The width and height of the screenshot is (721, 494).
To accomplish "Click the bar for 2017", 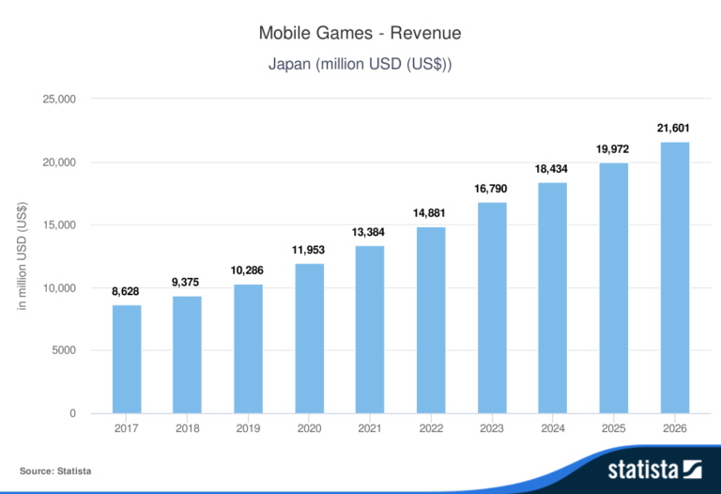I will coord(127,360).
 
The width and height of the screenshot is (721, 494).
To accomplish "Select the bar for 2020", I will coord(309,338).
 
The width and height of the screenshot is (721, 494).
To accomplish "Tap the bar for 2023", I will coord(492,308).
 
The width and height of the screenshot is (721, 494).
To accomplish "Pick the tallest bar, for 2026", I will coord(674,278).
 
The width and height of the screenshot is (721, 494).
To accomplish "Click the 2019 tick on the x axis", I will coord(248,430).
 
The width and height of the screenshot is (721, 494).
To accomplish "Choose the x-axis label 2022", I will coord(431,430).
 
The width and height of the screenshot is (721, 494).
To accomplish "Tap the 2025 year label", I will coord(613,430).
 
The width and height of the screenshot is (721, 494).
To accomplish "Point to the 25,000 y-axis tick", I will coord(59,100).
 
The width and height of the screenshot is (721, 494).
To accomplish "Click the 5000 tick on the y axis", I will coord(64,351).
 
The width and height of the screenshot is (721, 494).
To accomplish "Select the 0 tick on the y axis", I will coord(72,414).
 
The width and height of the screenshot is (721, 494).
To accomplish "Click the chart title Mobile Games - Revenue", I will coord(360,34).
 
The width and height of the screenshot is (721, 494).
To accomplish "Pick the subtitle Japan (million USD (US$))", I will coord(360,65).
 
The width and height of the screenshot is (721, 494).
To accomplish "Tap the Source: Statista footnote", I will coord(55,471).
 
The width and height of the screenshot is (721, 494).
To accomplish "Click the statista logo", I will coord(654,468).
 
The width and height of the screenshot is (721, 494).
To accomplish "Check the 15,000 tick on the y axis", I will coord(59,225).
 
